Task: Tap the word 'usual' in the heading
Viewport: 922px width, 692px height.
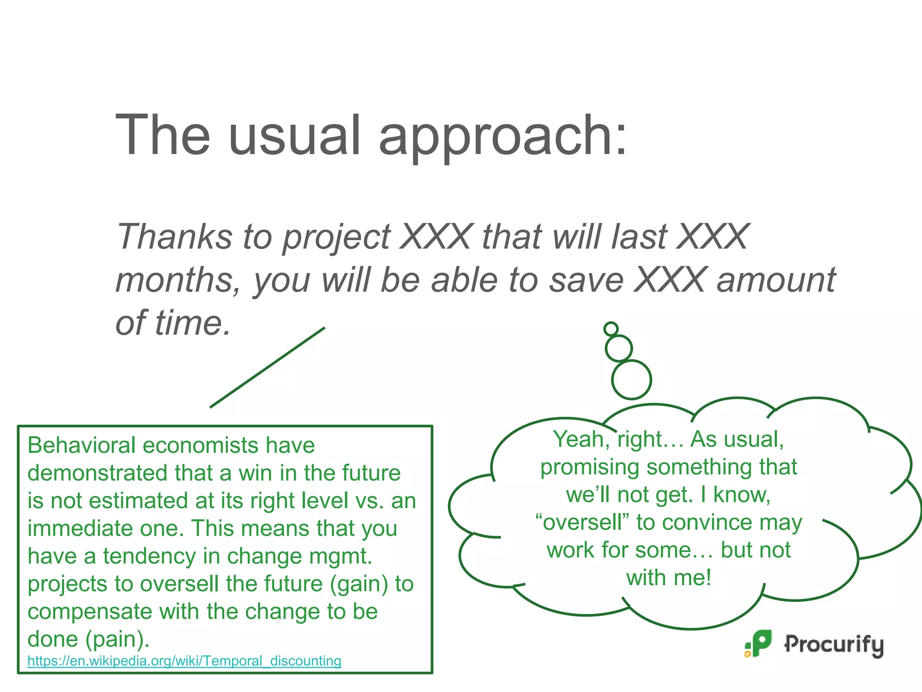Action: pos(295,135)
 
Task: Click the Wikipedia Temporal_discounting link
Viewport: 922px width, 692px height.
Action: pos(184,661)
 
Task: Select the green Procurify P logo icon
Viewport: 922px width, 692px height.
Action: pos(759,643)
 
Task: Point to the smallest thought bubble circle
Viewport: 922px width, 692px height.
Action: pos(611,329)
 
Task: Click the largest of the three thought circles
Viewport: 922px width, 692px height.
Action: pos(631,379)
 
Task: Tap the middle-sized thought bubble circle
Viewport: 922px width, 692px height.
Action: pos(619,348)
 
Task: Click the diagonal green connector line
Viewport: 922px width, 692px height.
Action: pos(267,367)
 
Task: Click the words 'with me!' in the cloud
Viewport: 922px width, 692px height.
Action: pos(669,578)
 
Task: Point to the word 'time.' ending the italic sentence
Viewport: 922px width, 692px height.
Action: pos(193,323)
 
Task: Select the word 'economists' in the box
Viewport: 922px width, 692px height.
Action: pos(200,446)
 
